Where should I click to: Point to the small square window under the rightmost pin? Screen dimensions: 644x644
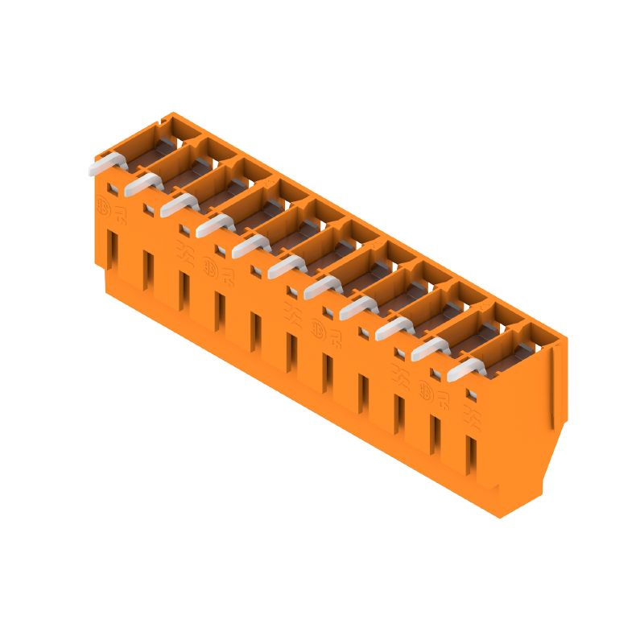[471, 394]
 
